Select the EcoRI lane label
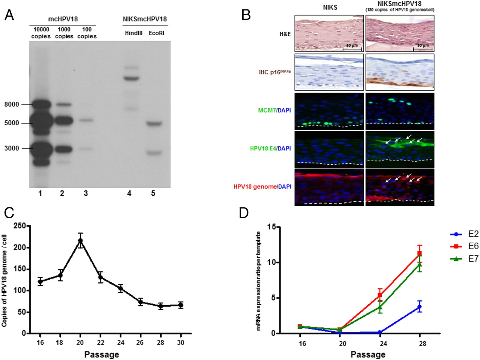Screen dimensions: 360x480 click(x=156, y=33)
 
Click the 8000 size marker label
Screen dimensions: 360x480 click(x=12, y=105)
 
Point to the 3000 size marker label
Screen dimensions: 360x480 click(x=12, y=148)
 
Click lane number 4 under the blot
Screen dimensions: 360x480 click(x=129, y=193)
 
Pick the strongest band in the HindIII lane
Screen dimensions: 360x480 click(x=129, y=78)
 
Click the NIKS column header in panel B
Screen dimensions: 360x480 click(x=328, y=6)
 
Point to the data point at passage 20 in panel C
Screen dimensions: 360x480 click(x=80, y=240)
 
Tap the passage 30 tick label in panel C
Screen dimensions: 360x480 click(x=180, y=342)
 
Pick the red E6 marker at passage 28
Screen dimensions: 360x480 click(x=420, y=253)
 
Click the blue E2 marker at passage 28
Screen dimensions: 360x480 click(x=420, y=307)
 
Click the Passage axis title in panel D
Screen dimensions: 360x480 click(x=368, y=354)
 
